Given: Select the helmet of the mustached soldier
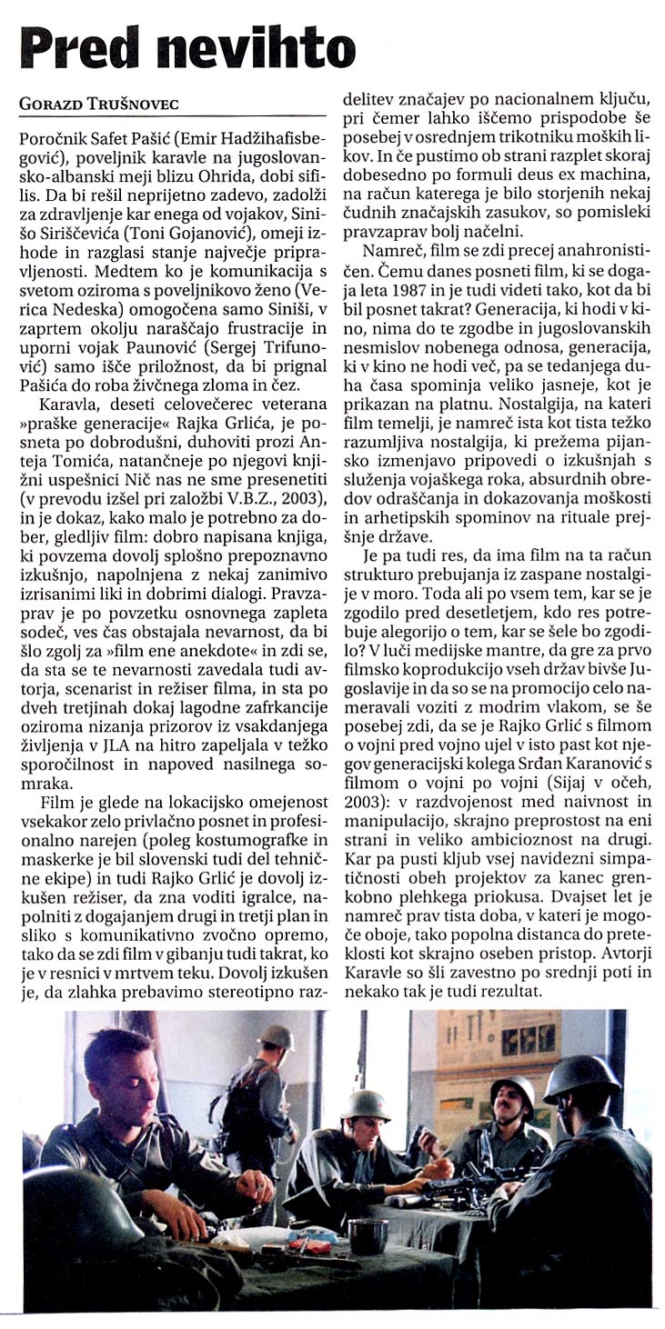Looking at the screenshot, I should (x=513, y=1093).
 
